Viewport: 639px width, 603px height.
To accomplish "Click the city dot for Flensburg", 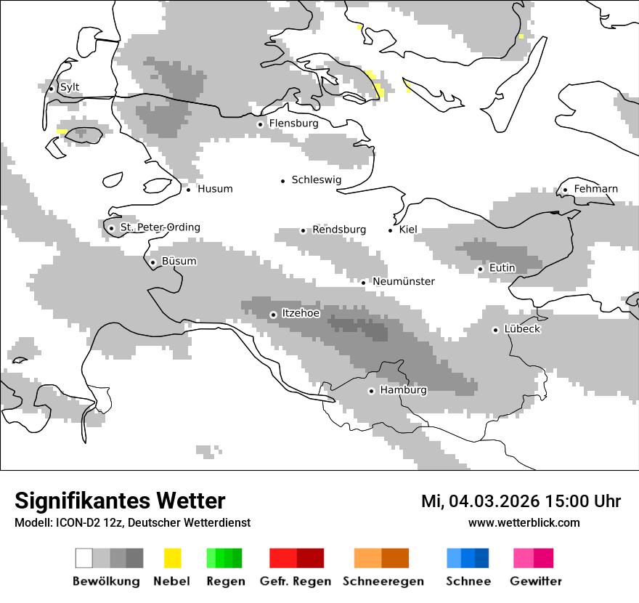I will [x=260, y=124].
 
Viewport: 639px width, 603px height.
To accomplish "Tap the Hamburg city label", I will [x=403, y=390].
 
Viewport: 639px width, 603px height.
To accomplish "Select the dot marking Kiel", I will [x=391, y=230].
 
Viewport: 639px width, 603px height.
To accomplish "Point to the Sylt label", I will [x=70, y=88].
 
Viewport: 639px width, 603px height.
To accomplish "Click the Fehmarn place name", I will [x=595, y=189].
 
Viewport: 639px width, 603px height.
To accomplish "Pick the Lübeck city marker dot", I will [x=496, y=330].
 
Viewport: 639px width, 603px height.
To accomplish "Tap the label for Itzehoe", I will [x=301, y=313].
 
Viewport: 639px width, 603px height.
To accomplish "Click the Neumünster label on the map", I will [x=404, y=281].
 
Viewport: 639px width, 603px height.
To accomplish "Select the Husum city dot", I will [x=188, y=190].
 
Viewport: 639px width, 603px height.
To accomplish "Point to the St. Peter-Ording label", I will [x=160, y=227].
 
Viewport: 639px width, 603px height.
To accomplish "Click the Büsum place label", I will [x=179, y=262].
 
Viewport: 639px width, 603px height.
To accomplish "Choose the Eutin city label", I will [x=502, y=268].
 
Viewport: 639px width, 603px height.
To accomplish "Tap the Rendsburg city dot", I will [x=304, y=230].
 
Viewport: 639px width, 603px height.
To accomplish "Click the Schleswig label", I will [x=316, y=179].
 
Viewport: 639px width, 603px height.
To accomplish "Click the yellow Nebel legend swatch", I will [x=172, y=558].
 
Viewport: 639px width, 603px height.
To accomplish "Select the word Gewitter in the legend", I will [x=535, y=581].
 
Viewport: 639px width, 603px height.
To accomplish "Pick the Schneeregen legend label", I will [x=383, y=581].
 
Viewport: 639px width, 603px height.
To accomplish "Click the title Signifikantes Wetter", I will [x=120, y=501].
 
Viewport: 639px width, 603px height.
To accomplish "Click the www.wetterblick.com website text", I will [x=524, y=523].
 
